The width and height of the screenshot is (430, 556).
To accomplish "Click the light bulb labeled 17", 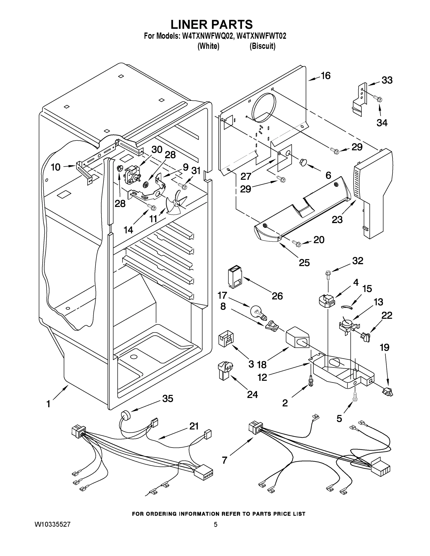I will click(258, 312).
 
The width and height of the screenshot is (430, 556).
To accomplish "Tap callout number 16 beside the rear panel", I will click(325, 76).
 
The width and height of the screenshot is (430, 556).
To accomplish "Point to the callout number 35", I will click(168, 398).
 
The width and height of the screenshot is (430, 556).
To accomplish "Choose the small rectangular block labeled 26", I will click(234, 277).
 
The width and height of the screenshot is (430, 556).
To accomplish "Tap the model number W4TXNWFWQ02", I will click(208, 36).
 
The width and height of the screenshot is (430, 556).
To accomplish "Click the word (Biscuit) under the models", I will click(262, 46).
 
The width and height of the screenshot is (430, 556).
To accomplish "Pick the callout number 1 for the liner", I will click(48, 404).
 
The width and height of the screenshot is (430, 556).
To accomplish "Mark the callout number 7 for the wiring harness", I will click(224, 460).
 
